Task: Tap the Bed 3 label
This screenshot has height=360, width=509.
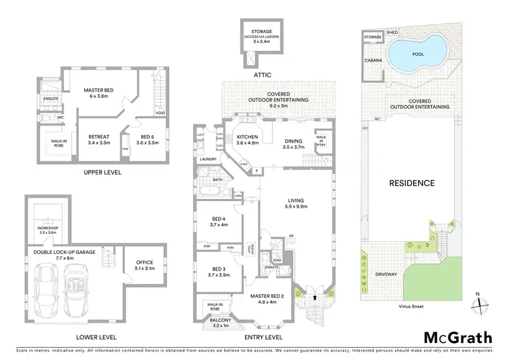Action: coord(219,268)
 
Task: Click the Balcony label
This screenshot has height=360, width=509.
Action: coord(221,320)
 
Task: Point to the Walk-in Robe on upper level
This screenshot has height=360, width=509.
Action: coord(53,143)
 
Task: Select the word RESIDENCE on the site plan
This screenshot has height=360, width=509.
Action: coord(411,183)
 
